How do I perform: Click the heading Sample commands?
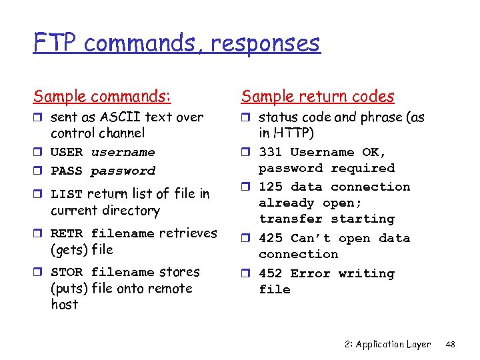pyautogui.click(x=102, y=97)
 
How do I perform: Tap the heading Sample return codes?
pyautogui.click(x=318, y=97)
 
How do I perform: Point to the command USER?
pyautogui.click(x=67, y=153)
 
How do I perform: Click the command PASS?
pyautogui.click(x=67, y=171)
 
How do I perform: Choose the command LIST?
pyautogui.click(x=67, y=194)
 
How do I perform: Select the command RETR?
pyautogui.click(x=67, y=233)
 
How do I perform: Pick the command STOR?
pyautogui.click(x=67, y=273)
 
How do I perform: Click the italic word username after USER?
pyautogui.click(x=123, y=153)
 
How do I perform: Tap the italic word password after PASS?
pyautogui.click(x=123, y=171)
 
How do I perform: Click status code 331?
pyautogui.click(x=271, y=153)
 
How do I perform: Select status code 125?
pyautogui.click(x=271, y=187)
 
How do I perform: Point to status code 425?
pyautogui.click(x=271, y=239)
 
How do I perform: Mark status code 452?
pyautogui.click(x=271, y=274)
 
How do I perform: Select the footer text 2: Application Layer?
pyautogui.click(x=389, y=345)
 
